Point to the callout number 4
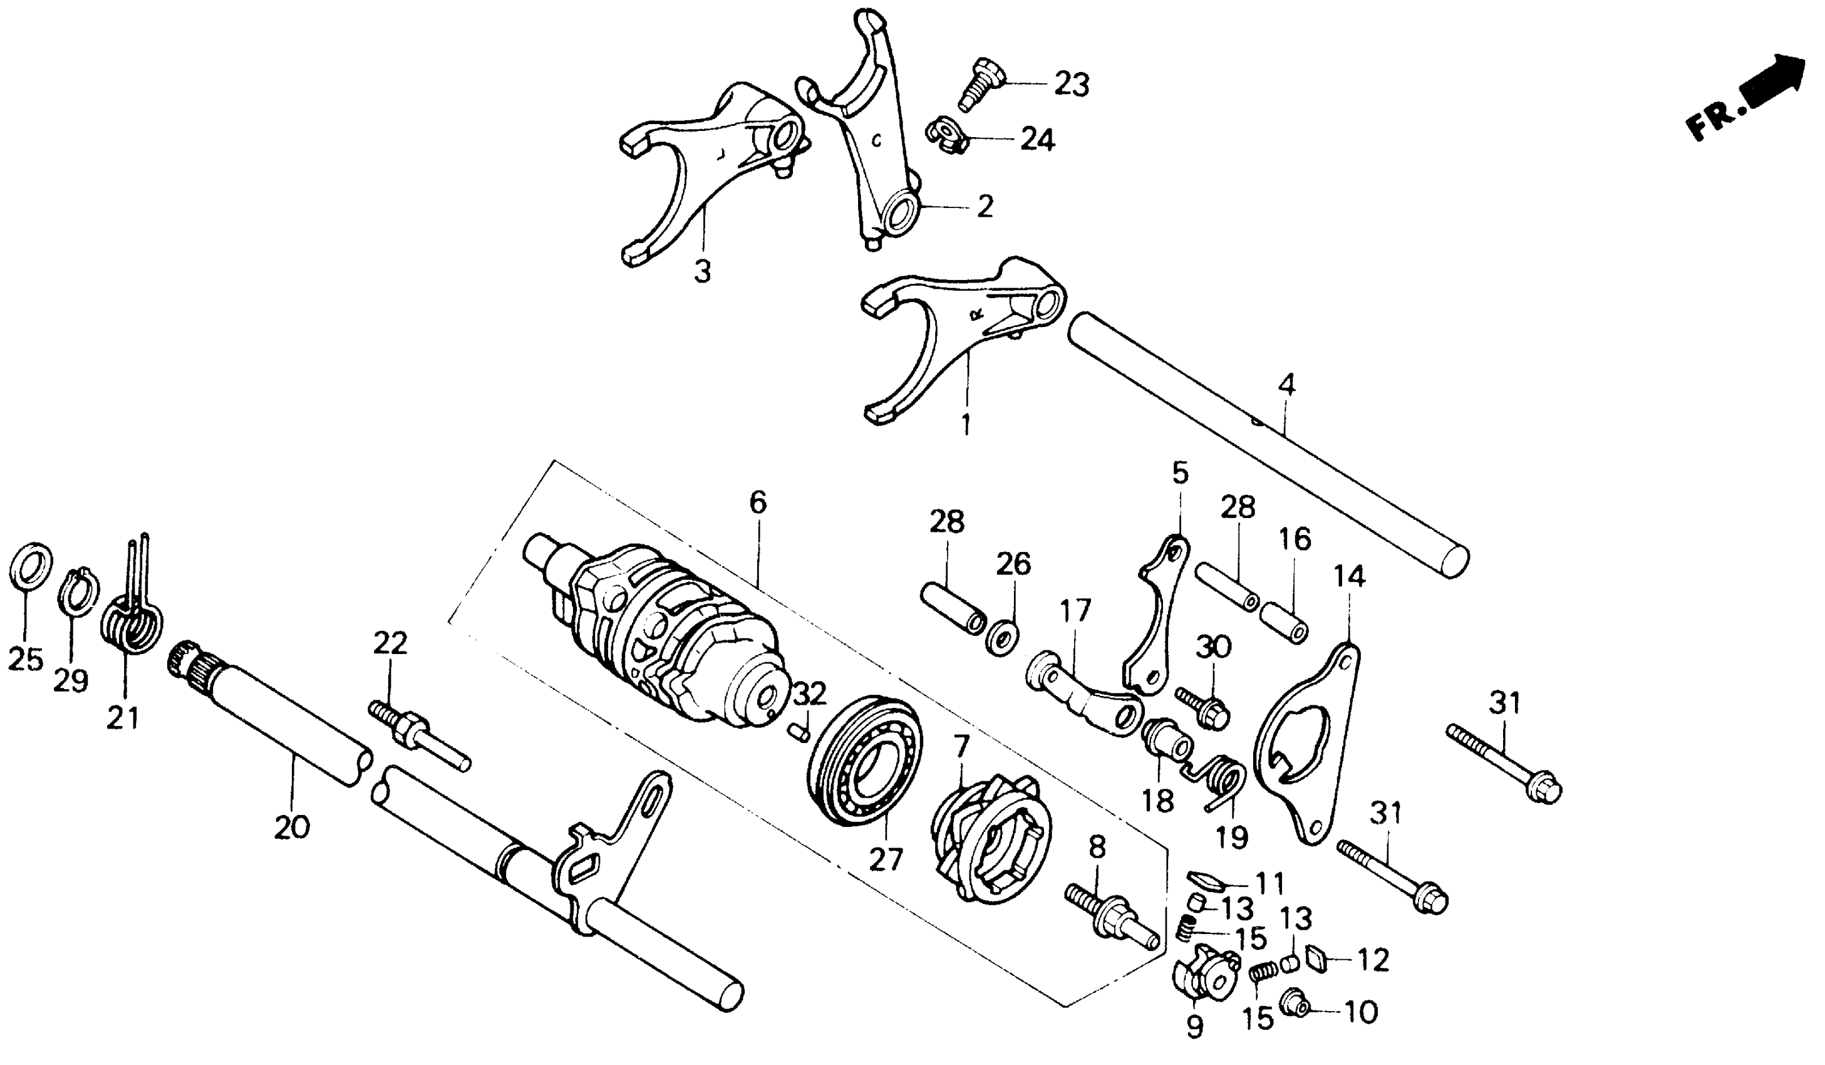point(1286,385)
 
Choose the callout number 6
point(758,502)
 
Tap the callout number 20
point(292,827)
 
